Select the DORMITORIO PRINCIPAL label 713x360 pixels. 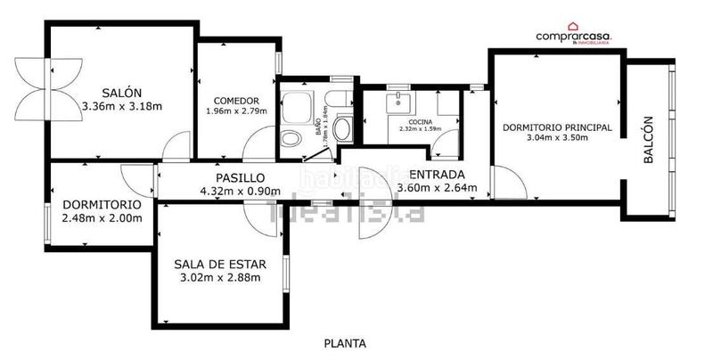point(557,127)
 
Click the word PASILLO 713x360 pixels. point(240,177)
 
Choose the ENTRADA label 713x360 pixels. point(436,175)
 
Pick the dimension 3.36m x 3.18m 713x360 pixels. point(121,107)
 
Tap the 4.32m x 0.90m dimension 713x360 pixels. point(240,190)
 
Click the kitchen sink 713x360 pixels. point(397,101)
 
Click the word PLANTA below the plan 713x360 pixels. point(344,342)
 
